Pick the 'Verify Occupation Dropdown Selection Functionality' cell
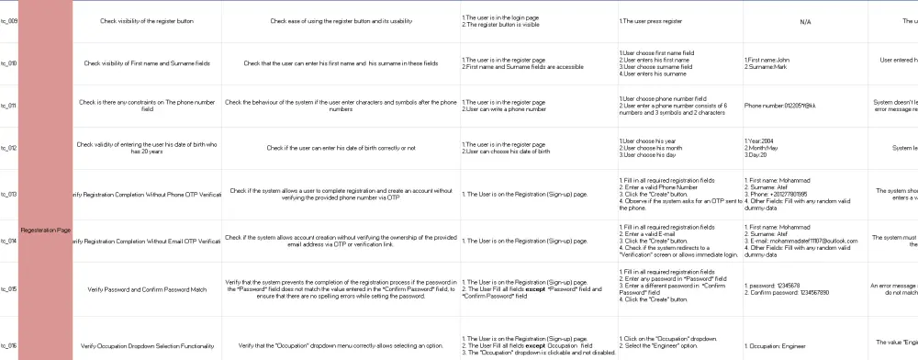(x=147, y=345)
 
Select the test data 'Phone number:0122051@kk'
(x=781, y=106)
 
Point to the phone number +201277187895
(x=784, y=194)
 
